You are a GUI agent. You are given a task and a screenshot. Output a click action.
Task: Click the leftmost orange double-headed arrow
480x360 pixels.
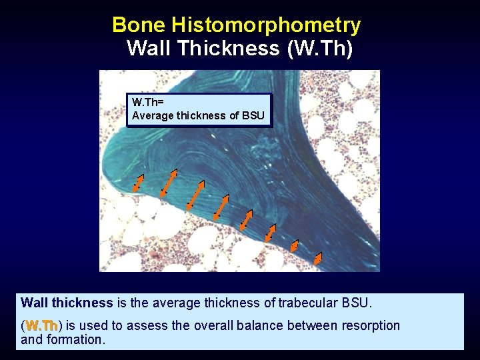click(x=138, y=183)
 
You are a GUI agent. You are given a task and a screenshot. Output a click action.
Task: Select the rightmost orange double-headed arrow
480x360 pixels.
click(x=318, y=258)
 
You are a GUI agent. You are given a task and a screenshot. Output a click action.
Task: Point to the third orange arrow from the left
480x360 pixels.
click(x=195, y=195)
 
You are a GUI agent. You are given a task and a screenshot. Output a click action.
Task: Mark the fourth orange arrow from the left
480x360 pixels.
click(x=221, y=206)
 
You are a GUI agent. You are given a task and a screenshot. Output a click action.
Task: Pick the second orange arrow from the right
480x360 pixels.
click(x=295, y=247)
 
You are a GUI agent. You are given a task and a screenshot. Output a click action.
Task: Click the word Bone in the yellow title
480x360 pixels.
click(x=139, y=25)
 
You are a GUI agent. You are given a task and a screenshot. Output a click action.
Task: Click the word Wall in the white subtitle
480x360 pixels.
click(x=147, y=49)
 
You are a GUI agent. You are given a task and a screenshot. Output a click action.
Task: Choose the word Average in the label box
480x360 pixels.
click(x=152, y=116)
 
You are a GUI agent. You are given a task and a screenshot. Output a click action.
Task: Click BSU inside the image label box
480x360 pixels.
click(x=253, y=116)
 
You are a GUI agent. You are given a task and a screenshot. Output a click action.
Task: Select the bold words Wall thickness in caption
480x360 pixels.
click(x=67, y=303)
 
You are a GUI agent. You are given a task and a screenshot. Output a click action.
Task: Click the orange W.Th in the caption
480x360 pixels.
click(x=41, y=325)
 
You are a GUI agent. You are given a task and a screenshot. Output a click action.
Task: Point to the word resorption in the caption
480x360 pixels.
click(x=368, y=325)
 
